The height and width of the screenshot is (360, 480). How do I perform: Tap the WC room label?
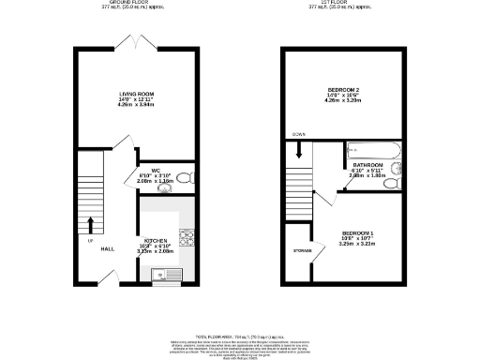click(x=156, y=170)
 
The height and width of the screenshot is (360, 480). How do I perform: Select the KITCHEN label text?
click(x=156, y=240)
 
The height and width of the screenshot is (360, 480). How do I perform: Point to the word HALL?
click(x=107, y=248)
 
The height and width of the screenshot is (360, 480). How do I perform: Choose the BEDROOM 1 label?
click(x=358, y=232)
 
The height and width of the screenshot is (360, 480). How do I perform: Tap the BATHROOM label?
click(x=367, y=164)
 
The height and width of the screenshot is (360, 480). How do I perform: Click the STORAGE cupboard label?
click(x=302, y=251)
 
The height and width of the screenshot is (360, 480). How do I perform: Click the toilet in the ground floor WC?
click(x=184, y=176)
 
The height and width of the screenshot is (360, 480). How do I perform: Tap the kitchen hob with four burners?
click(x=186, y=238)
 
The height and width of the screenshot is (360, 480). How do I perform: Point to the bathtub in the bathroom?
click(x=373, y=150)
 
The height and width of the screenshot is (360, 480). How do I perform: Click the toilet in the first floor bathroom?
click(x=394, y=171)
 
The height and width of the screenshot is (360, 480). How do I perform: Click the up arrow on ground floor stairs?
click(x=90, y=225)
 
